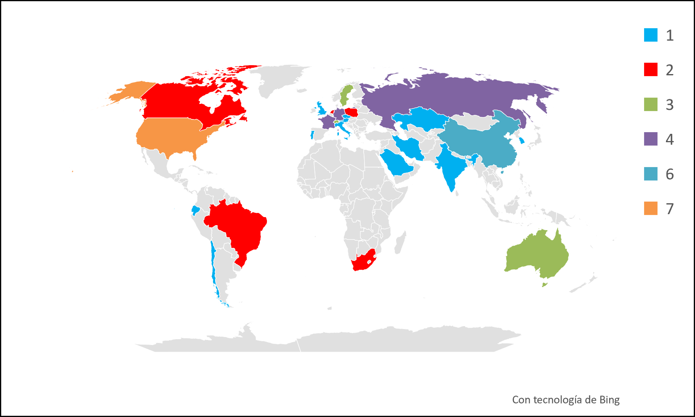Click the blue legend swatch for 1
650,35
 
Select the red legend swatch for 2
650,69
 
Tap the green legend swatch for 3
650,104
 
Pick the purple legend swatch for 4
650,139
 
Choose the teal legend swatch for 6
650,174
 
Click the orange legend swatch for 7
650,208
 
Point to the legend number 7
669,209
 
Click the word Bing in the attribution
610,400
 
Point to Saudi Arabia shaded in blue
398,164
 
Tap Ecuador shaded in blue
195,210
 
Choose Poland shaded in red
351,112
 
